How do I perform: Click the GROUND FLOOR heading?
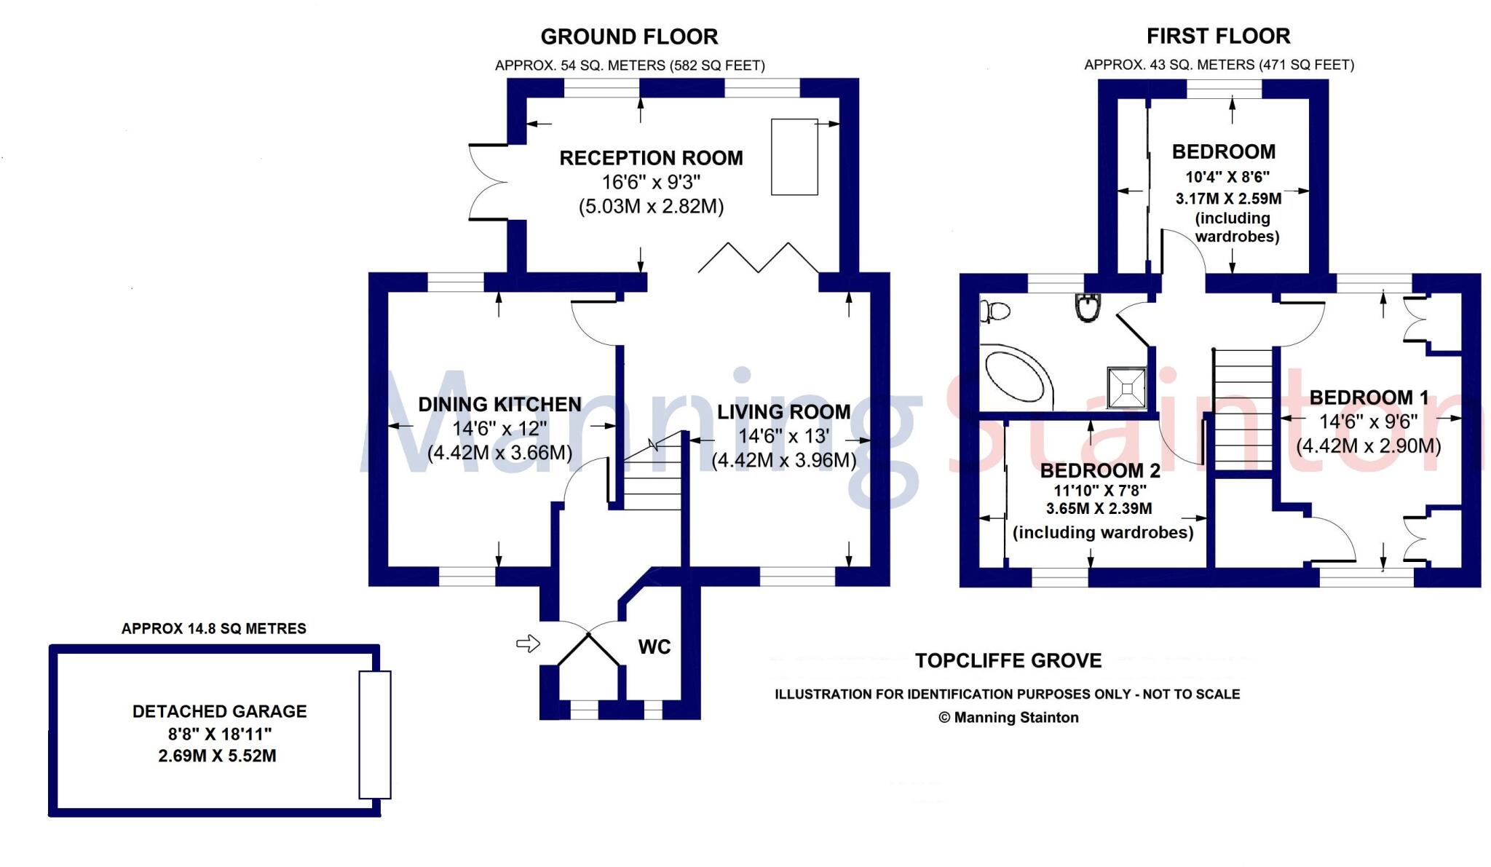coord(629,36)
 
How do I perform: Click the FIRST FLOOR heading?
coord(1218,36)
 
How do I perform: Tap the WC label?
coord(654,646)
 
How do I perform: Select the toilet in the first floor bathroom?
coord(994,312)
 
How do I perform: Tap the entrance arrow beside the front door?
coord(528,643)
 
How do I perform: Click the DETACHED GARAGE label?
coord(219,711)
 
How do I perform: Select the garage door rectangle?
coord(375,735)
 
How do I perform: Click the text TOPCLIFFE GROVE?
coord(1008,661)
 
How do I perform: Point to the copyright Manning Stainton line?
coord(1008,718)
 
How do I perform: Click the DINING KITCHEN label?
coord(499,405)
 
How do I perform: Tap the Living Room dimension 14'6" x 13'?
coord(783,436)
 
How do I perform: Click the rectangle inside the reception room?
coord(794,157)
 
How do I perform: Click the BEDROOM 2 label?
coord(1099,470)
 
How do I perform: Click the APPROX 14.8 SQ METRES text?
coord(213,628)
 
